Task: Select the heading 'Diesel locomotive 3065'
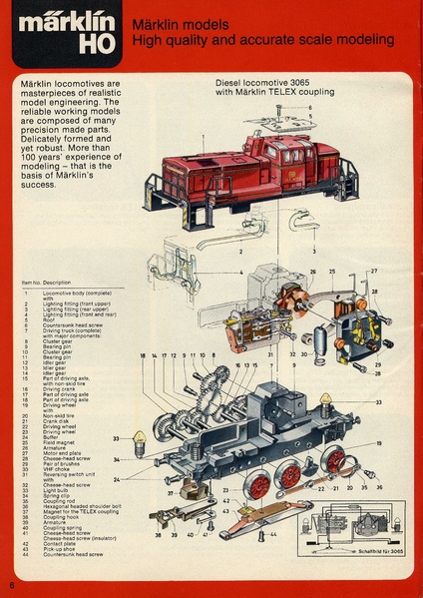click(261, 85)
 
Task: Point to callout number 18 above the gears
click(143, 355)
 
